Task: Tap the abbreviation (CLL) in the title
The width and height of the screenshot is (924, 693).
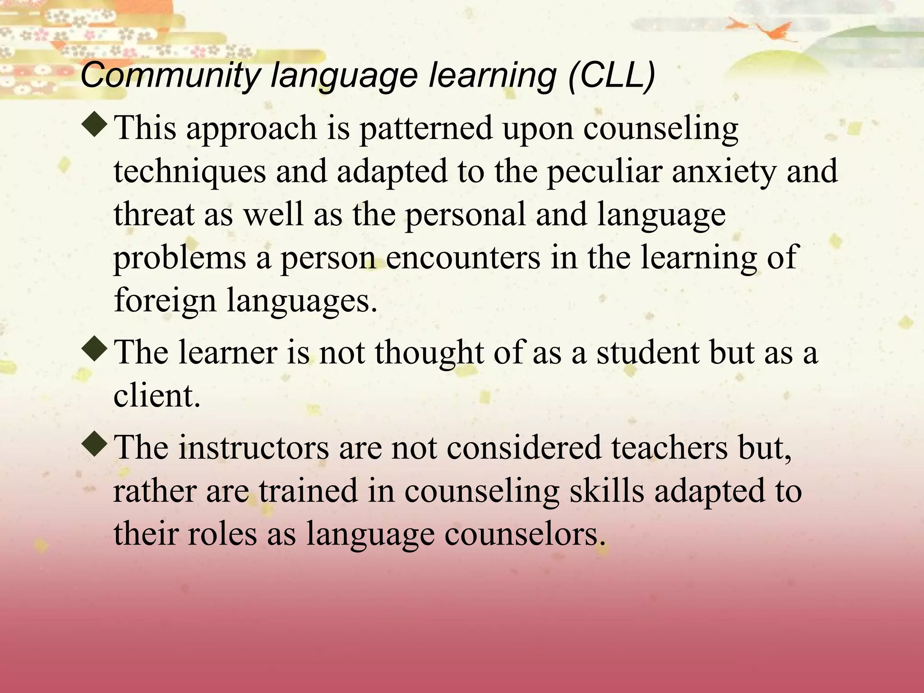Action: (x=611, y=75)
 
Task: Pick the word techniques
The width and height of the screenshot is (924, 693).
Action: (x=189, y=171)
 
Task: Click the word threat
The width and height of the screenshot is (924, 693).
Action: (x=153, y=214)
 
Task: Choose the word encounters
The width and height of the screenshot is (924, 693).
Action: (x=463, y=257)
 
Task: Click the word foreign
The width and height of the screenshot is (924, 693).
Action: (x=165, y=300)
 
